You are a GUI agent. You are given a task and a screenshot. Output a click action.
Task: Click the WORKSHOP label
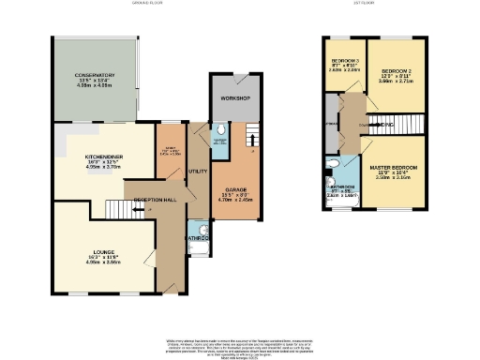[234, 98]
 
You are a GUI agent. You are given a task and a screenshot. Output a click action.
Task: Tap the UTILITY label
[197, 172]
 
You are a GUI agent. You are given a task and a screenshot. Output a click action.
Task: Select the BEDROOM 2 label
[397, 72]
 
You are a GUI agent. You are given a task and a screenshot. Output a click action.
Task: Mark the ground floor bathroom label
[196, 238]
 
